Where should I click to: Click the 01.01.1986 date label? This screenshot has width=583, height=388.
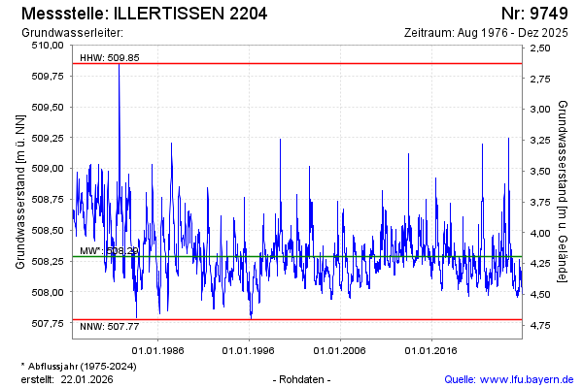point(158,350)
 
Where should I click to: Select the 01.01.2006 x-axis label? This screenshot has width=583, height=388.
point(339,350)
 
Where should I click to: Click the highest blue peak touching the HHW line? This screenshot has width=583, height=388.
point(119,66)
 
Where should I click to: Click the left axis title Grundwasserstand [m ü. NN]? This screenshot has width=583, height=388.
point(19,191)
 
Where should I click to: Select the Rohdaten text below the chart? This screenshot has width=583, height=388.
point(304,378)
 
